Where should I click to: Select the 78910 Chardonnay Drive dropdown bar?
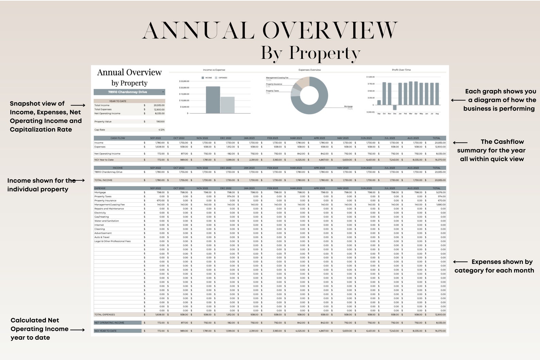tap(129, 92)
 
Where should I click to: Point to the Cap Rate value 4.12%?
tap(162, 130)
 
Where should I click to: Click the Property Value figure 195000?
tap(160, 122)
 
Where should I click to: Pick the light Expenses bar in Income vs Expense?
tap(227, 105)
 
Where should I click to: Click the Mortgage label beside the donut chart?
tap(348, 106)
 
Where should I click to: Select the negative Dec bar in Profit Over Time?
tap(394, 107)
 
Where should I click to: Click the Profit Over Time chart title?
tap(401, 70)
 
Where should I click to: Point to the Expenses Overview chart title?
tap(309, 70)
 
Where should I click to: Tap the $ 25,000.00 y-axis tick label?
tap(184, 81)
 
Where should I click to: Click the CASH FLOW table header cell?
tap(118, 138)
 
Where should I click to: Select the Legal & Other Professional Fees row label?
tap(113, 241)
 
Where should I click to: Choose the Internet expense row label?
tap(99, 225)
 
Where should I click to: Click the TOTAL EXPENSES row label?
tap(105, 315)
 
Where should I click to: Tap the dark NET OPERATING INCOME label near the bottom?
tap(109, 323)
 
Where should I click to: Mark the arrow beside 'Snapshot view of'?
tap(78, 105)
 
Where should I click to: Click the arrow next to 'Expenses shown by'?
tap(460, 262)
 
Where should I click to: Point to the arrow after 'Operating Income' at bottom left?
tap(78, 330)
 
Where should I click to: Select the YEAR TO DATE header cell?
tap(118, 101)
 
